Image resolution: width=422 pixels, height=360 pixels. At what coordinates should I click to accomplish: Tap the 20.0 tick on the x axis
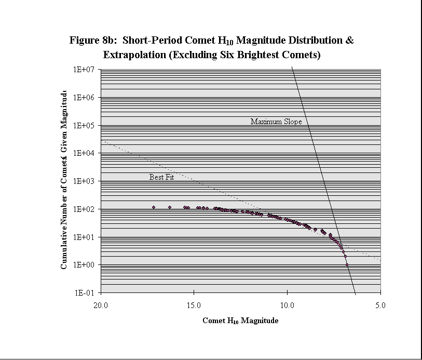[x=101, y=305]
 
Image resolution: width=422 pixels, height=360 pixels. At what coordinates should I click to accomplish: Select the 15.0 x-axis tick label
[x=194, y=305]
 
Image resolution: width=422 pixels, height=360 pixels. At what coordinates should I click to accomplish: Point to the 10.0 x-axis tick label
[x=288, y=305]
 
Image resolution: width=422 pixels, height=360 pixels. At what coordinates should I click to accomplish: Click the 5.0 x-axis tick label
[x=380, y=305]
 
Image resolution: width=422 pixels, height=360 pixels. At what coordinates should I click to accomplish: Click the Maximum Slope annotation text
[x=276, y=122]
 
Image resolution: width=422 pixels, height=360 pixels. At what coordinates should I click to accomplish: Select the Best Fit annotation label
[x=161, y=177]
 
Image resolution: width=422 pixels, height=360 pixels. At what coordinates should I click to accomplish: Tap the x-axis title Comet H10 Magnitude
[x=240, y=321]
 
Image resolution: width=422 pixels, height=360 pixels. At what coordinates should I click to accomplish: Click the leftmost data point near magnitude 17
[x=154, y=207]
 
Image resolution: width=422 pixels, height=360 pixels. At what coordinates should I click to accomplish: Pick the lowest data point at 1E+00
[x=347, y=264]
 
